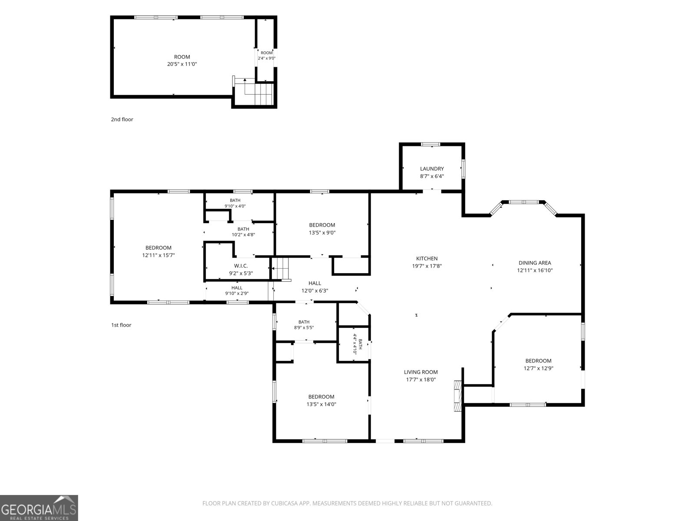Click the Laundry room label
pyautogui.click(x=432, y=172)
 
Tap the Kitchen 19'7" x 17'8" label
pyautogui.click(x=427, y=262)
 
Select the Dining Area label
pyautogui.click(x=535, y=266)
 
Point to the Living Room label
pyautogui.click(x=421, y=376)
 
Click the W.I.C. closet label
pyautogui.click(x=241, y=270)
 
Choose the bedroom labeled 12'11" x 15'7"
pyautogui.click(x=158, y=251)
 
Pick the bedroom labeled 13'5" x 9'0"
pyautogui.click(x=322, y=229)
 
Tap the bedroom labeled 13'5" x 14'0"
pyautogui.click(x=321, y=400)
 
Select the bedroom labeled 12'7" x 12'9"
pyautogui.click(x=538, y=364)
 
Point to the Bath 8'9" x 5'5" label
pyautogui.click(x=304, y=325)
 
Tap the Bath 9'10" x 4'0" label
pyautogui.click(x=235, y=203)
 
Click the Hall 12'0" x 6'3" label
pyautogui.click(x=315, y=287)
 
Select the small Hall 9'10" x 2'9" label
pyautogui.click(x=237, y=290)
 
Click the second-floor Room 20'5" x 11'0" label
pyautogui.click(x=182, y=60)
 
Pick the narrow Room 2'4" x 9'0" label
pyautogui.click(x=267, y=56)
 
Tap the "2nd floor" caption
pyautogui.click(x=122, y=119)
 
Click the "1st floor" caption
pyautogui.click(x=121, y=325)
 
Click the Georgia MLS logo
pyautogui.click(x=39, y=508)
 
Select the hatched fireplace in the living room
pyautogui.click(x=457, y=396)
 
